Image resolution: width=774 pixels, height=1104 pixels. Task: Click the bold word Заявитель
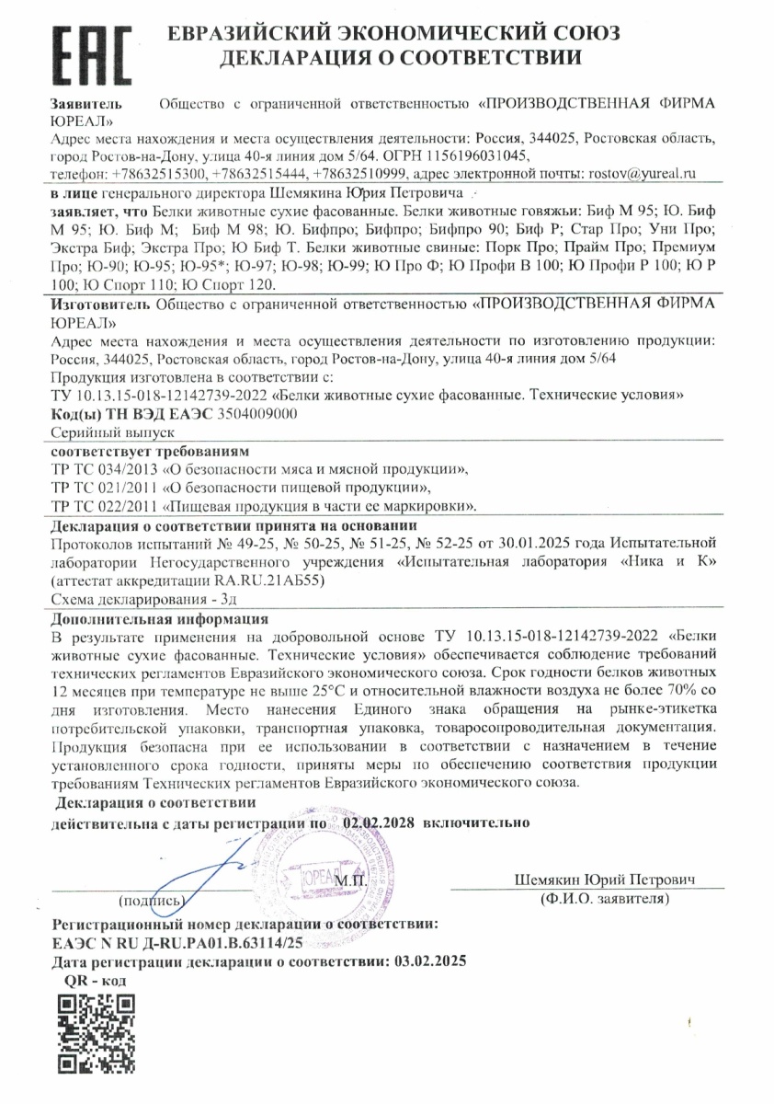(x=87, y=103)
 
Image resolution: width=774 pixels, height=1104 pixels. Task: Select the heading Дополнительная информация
(x=159, y=618)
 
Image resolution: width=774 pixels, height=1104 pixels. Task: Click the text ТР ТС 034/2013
(x=102, y=469)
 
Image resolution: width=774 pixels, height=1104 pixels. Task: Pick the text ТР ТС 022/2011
(x=102, y=506)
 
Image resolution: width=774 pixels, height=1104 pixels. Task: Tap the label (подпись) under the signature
(x=151, y=899)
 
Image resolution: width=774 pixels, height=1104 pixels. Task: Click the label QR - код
(x=95, y=980)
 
